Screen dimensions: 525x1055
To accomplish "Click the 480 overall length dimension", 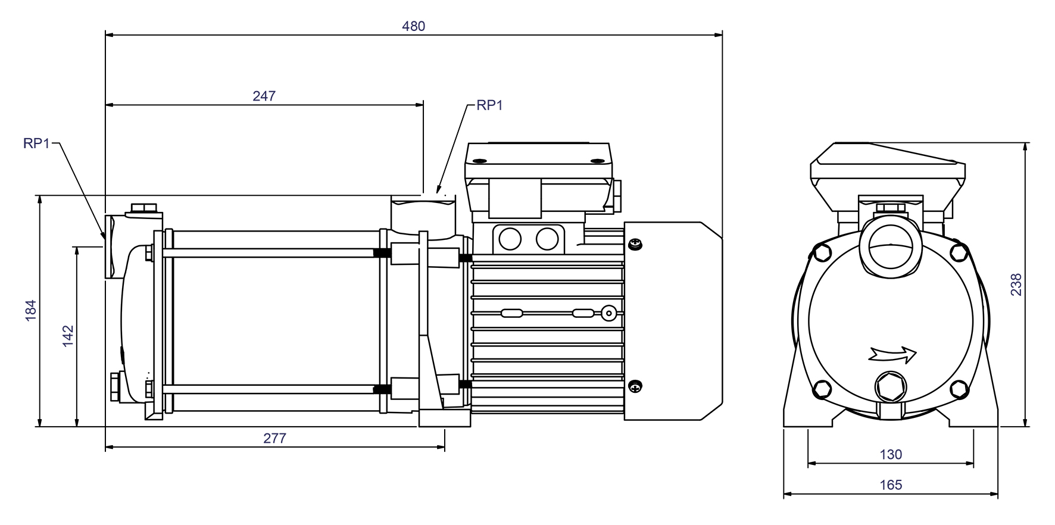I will point(413,26).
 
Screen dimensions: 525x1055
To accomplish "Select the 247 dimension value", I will point(264,96).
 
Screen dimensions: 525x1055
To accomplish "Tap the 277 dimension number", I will point(274,439).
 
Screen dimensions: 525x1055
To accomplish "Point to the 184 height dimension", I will point(31,310).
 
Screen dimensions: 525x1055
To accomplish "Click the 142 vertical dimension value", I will point(68,336).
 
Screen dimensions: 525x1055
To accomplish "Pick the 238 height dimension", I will point(1016,285).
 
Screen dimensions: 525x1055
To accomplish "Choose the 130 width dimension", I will point(891,455).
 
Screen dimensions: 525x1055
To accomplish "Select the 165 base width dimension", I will point(891,485).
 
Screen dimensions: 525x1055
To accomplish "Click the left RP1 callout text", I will point(37,143).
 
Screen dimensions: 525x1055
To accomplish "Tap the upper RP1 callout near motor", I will point(489,105).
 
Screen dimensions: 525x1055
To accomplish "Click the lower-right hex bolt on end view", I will point(958,389).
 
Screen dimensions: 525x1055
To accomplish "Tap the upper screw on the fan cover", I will point(636,244).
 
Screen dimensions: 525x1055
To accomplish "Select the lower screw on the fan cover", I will point(636,386).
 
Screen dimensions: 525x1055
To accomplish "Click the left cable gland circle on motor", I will point(510,239).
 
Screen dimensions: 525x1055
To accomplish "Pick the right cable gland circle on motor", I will point(547,239).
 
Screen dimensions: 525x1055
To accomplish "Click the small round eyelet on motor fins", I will point(608,313).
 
